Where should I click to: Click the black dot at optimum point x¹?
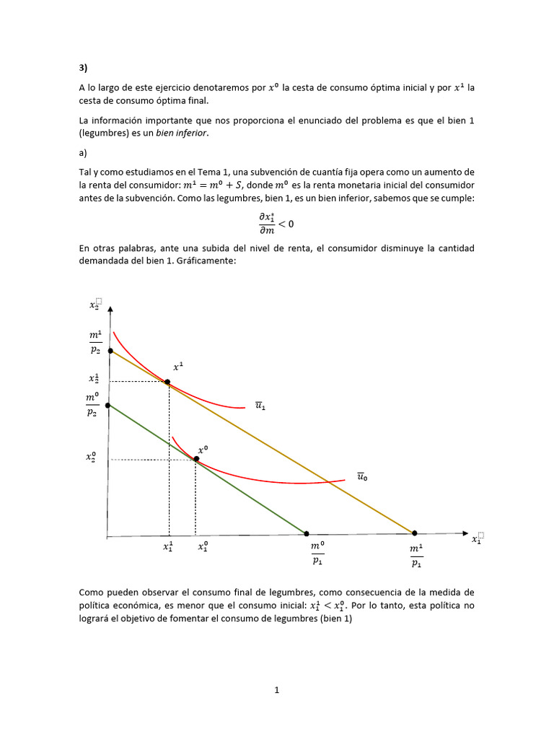167,382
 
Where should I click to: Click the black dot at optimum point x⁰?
195,459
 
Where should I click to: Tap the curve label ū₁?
260,406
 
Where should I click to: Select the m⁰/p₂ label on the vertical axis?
92,405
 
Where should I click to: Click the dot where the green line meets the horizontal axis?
306,535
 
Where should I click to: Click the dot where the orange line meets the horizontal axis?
415,534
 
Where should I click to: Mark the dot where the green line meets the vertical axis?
107,406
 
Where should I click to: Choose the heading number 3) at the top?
83,69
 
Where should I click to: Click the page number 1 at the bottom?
276,690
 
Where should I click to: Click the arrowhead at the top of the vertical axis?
109,309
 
